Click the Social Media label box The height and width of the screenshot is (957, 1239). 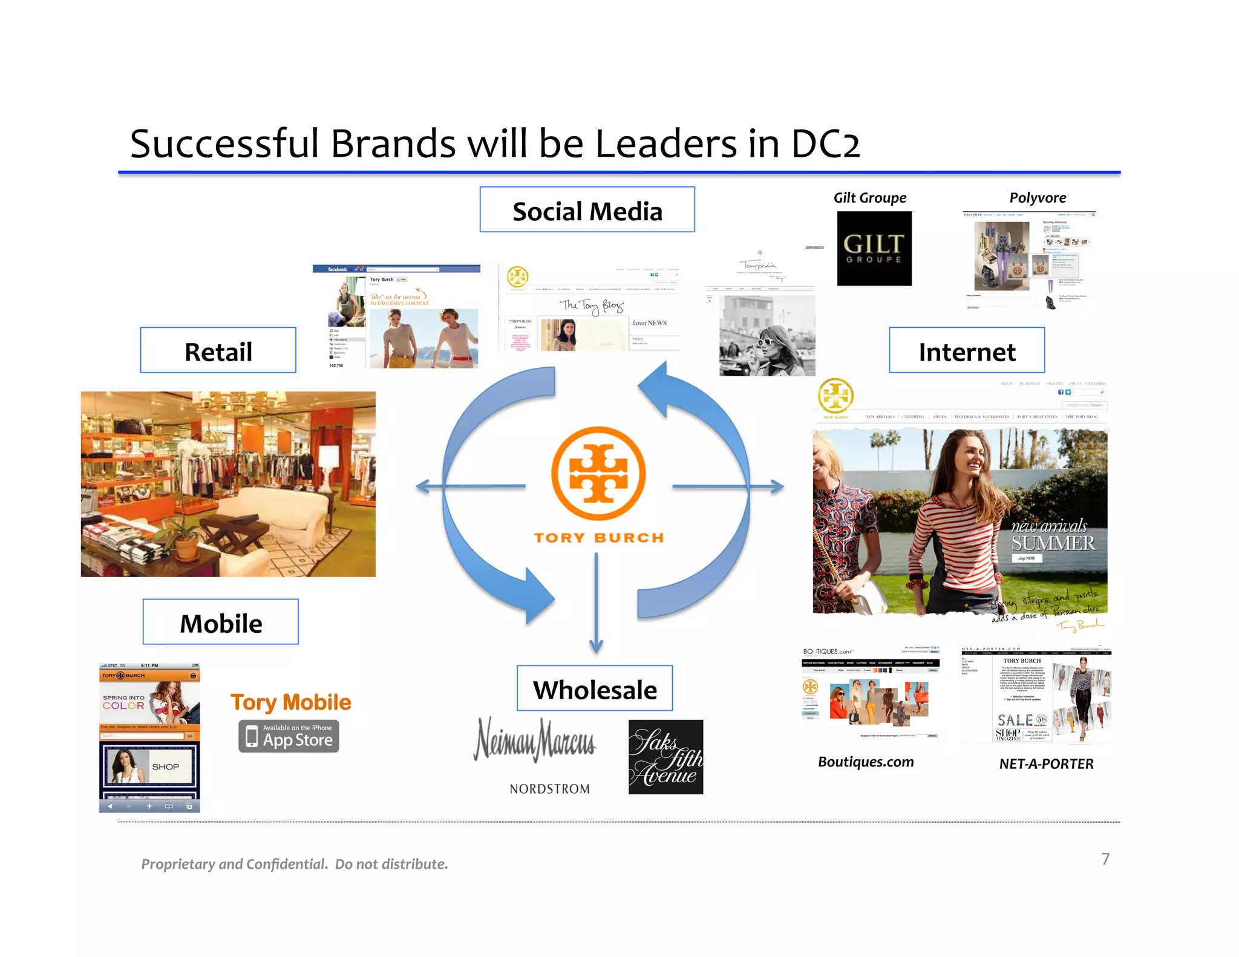click(x=587, y=209)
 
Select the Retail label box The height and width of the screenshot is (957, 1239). click(x=218, y=350)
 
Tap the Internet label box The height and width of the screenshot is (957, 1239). click(x=967, y=350)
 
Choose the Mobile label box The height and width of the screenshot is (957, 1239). click(x=221, y=622)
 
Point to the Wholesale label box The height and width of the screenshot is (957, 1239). click(x=595, y=688)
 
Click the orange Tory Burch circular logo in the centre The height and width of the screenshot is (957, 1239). click(x=598, y=473)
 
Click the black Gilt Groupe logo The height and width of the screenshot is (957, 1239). click(x=874, y=249)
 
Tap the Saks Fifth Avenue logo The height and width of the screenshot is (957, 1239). click(x=665, y=757)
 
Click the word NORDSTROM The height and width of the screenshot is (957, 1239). click(x=549, y=789)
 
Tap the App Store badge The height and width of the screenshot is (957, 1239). click(x=289, y=736)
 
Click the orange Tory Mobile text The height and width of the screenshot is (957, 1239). click(x=290, y=702)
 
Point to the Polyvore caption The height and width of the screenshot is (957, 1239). click(x=1038, y=198)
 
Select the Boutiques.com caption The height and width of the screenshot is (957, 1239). click(x=866, y=762)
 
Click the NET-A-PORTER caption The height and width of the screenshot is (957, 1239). click(x=1046, y=764)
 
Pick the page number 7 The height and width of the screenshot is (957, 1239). click(x=1105, y=859)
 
